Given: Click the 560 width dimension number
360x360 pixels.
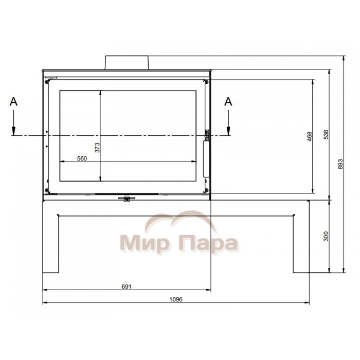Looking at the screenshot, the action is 82,158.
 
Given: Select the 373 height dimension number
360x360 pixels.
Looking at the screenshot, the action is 97,148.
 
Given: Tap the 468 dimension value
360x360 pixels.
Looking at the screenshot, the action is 310,136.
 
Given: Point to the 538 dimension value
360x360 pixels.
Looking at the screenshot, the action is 326,135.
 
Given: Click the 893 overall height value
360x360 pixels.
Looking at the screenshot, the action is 340,164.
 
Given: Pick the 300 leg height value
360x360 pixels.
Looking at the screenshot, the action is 326,236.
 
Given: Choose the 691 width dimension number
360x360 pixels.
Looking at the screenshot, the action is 127,286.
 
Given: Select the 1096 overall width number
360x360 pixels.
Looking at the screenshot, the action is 176,299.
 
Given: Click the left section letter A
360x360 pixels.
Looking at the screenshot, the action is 13,101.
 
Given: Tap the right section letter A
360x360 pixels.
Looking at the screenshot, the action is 228,101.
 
